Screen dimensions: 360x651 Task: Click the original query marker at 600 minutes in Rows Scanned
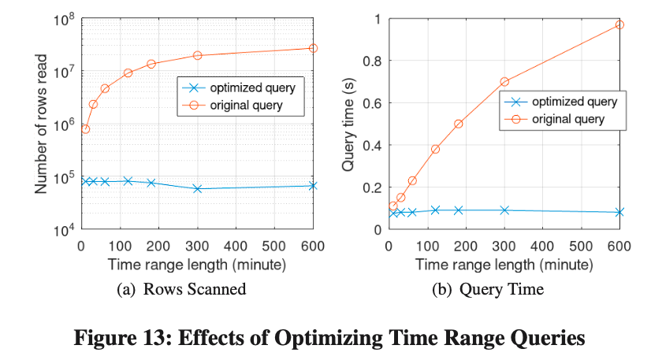tap(313, 48)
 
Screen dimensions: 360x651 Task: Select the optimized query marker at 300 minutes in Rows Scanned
tap(197, 188)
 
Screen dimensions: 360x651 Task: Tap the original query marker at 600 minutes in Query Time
tap(619, 24)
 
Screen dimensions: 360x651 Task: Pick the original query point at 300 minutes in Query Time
tap(504, 81)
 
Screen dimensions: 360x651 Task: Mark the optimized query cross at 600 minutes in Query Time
tap(619, 212)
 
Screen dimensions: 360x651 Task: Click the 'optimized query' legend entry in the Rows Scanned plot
tap(239, 87)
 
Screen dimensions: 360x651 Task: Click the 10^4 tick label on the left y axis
tap(64, 230)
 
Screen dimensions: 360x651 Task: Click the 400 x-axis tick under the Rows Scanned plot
tap(236, 246)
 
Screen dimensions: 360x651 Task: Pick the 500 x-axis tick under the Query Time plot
tap(581, 246)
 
